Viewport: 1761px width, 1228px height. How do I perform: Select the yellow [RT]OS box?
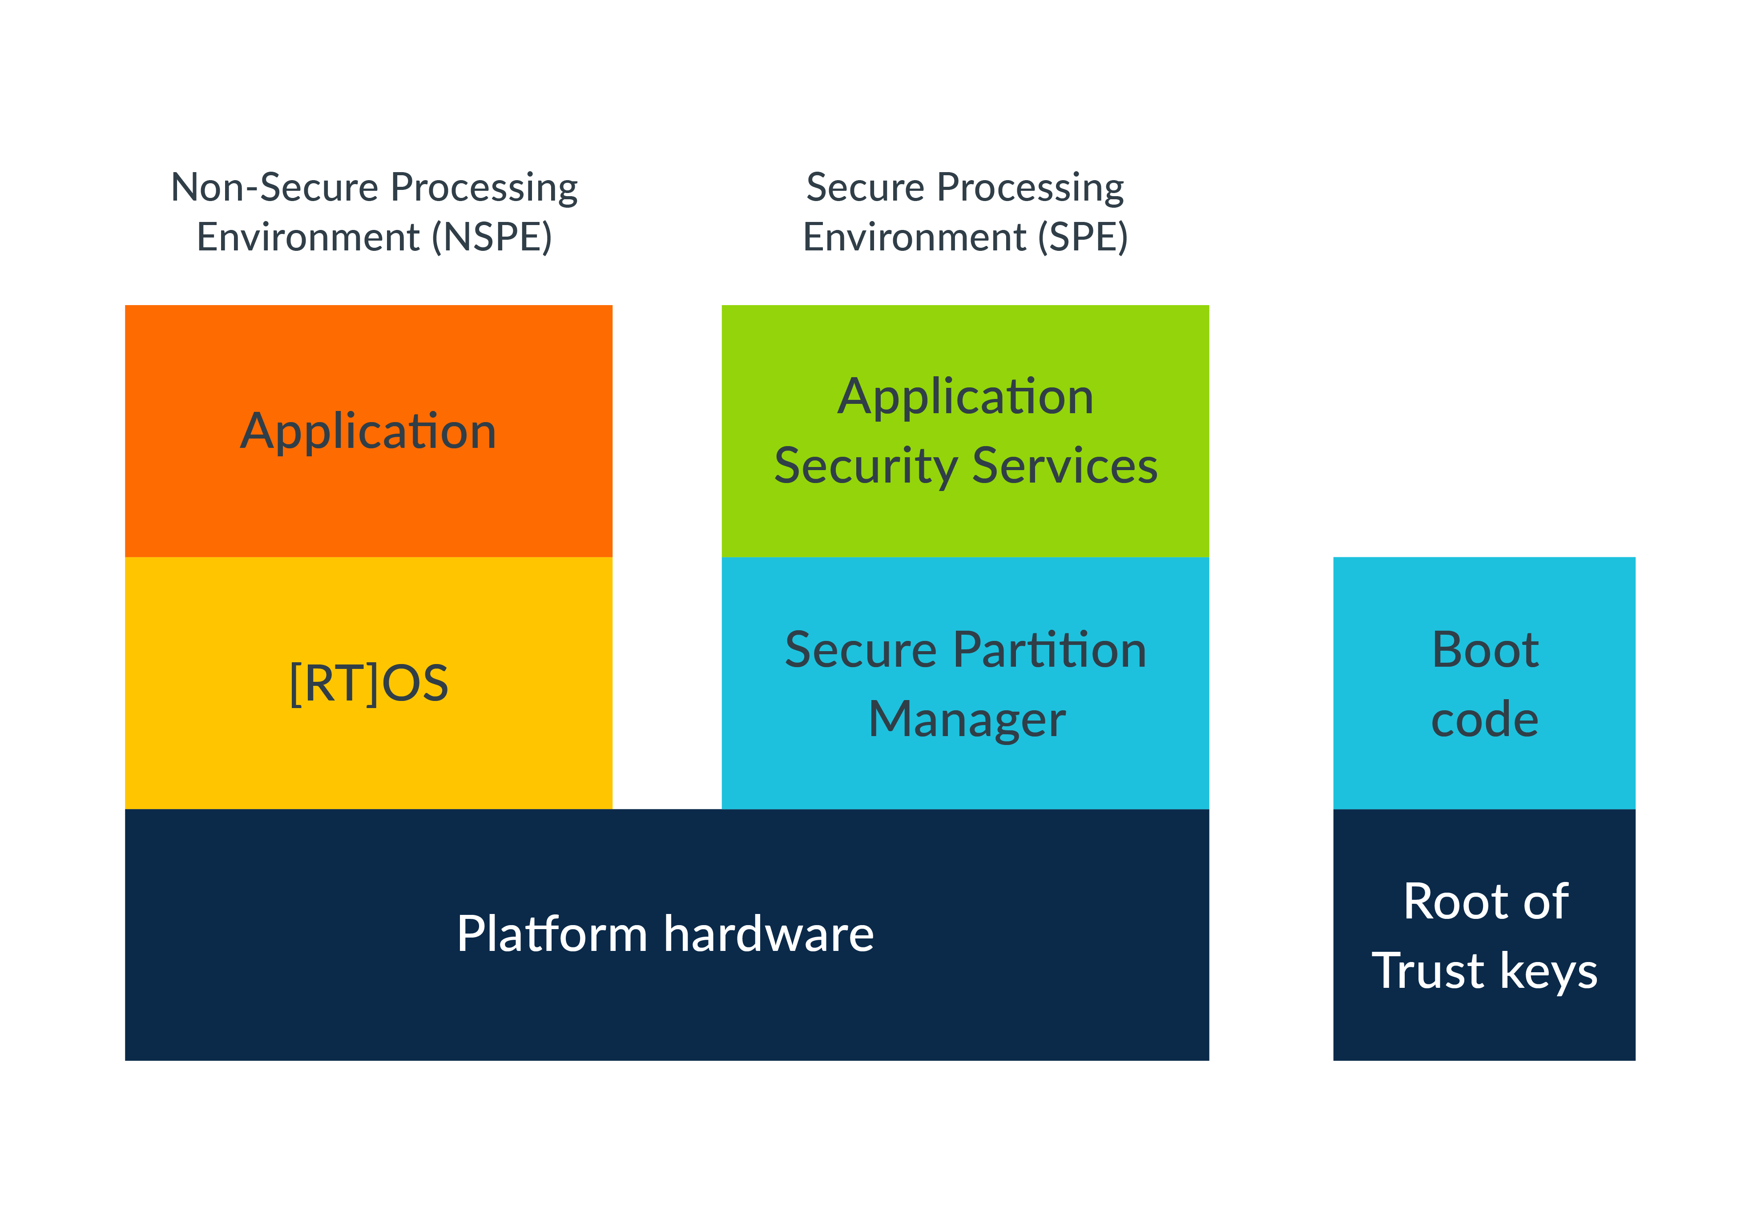368,683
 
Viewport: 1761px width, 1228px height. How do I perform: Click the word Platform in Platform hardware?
552,934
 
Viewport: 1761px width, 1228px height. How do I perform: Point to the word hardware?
769,934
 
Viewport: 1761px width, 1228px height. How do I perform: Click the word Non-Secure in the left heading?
274,187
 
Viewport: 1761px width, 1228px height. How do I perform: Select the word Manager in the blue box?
967,720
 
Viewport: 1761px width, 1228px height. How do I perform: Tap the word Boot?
1485,650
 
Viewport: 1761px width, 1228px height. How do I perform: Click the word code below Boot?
1485,720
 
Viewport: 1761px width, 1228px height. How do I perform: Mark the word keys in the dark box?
1548,971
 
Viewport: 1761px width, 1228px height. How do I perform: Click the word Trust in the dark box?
1428,970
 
